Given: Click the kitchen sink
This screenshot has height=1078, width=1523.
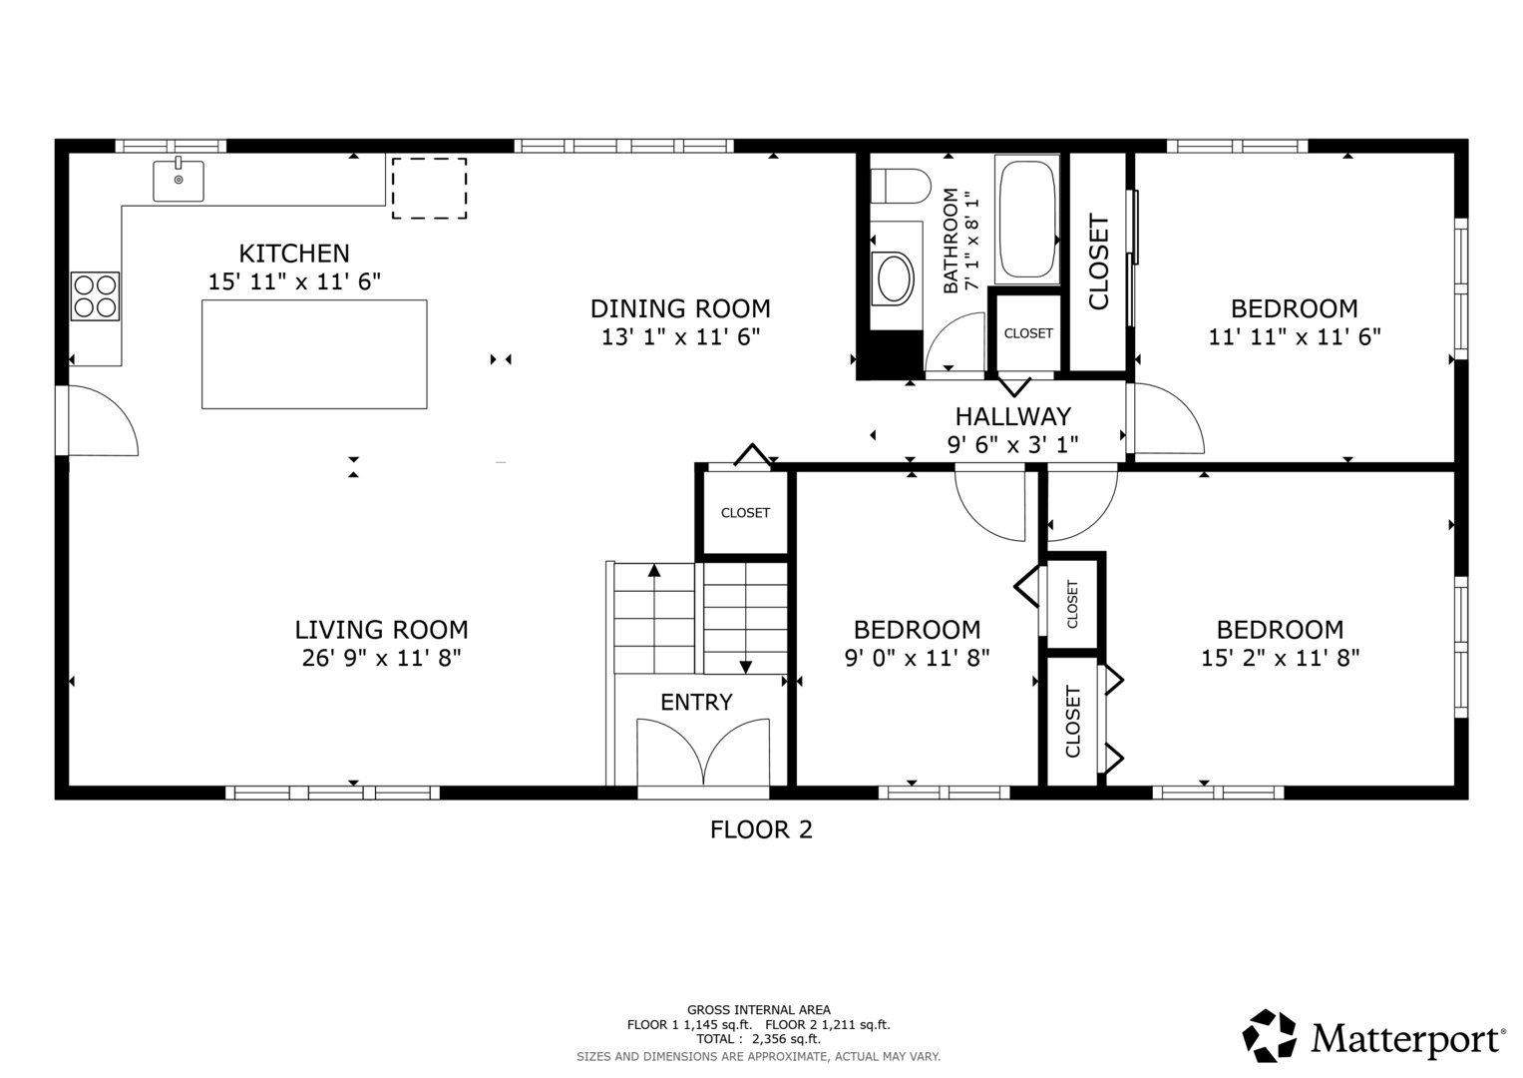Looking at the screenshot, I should (179, 181).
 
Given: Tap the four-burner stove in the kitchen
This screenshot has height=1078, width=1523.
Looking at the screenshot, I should (95, 295).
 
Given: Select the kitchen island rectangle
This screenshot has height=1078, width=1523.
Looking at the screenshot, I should (314, 354).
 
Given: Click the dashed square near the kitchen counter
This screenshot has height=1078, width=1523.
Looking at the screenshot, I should (429, 188).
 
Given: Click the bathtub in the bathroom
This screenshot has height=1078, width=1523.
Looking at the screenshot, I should (1026, 219).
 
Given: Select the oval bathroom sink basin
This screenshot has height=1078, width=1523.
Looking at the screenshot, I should (893, 278).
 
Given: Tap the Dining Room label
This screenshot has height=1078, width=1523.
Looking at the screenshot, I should (680, 308).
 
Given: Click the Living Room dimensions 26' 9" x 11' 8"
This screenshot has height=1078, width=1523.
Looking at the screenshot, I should (381, 658).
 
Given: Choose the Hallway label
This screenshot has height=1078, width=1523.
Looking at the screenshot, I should (1012, 416).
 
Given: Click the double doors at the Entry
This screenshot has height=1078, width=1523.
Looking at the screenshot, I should (703, 753).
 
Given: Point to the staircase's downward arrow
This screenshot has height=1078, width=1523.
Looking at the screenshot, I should (745, 666).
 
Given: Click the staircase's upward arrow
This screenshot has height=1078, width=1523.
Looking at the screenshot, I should (654, 572).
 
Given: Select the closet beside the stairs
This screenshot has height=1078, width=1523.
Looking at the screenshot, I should (745, 512).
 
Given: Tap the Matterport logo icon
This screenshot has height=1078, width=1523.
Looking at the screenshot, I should (1270, 1035).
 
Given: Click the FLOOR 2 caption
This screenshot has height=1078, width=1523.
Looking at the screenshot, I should (761, 829).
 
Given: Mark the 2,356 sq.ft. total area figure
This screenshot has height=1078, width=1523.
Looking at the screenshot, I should (786, 1039).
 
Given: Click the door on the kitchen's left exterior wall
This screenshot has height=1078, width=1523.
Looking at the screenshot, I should (101, 421).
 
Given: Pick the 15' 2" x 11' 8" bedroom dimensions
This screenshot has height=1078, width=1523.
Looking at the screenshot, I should (1280, 658).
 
